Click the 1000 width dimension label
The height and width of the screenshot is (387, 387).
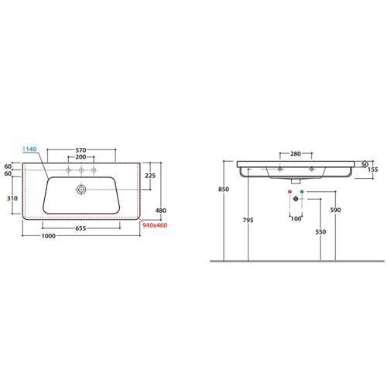[x=49, y=236]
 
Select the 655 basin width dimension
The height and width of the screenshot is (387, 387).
[x=80, y=228]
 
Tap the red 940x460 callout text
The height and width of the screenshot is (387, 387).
[x=155, y=225]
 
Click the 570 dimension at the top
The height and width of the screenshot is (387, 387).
[x=80, y=150]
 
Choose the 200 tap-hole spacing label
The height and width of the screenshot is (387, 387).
[x=80, y=157]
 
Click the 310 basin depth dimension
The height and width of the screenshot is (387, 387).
[x=12, y=198]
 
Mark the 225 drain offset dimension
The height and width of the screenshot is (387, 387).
[x=150, y=176]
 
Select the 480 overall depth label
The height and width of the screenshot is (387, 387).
[x=161, y=211]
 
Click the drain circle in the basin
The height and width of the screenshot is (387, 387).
[x=81, y=190]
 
